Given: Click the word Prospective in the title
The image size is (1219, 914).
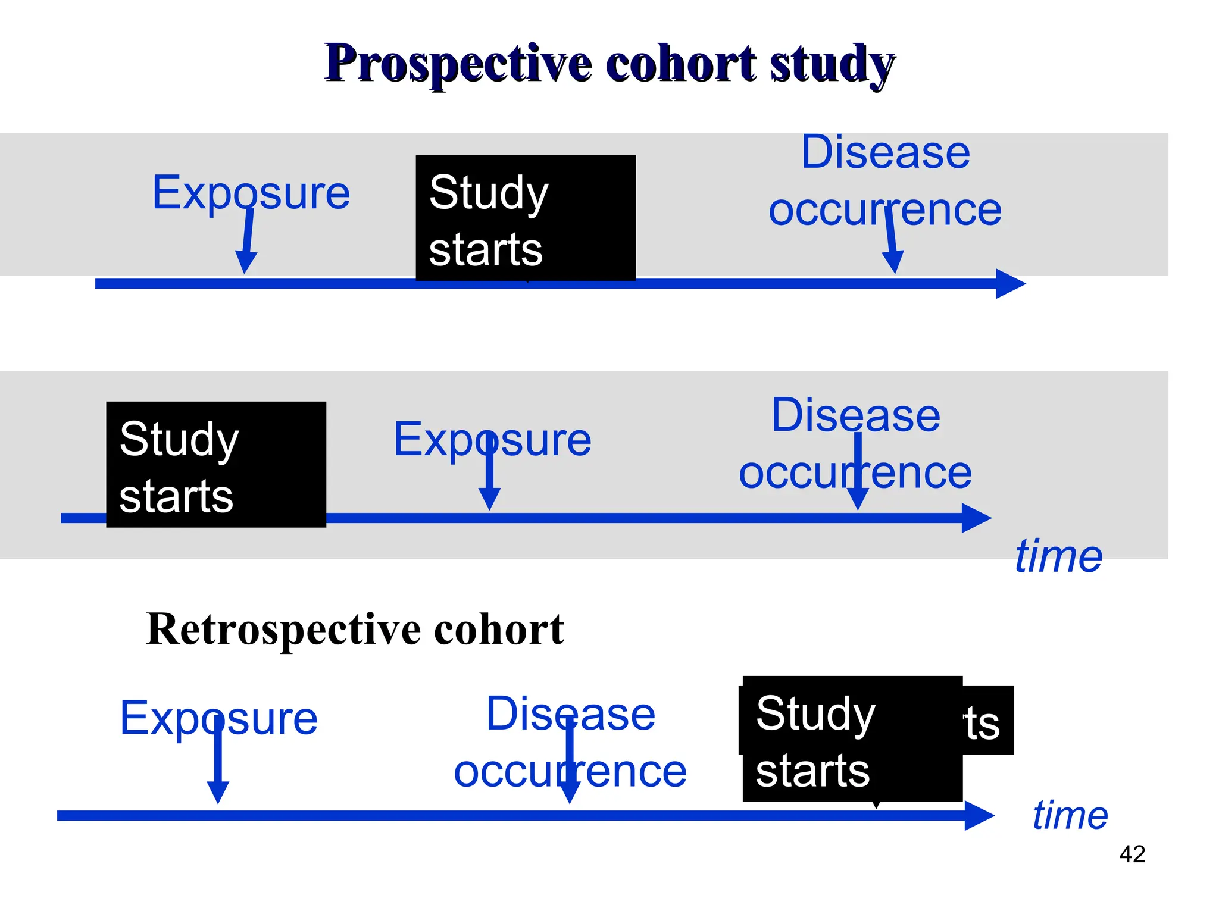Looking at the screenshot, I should (x=458, y=64).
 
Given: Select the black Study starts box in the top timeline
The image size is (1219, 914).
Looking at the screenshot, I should (x=526, y=218).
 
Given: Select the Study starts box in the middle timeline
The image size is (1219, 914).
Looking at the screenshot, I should (x=216, y=465).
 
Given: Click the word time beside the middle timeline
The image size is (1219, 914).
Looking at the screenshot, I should (x=1058, y=556).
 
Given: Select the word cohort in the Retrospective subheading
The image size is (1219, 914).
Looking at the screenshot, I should (x=499, y=629).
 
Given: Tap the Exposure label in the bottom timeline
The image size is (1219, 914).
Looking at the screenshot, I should (x=219, y=718).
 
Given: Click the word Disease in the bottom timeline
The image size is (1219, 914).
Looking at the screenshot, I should (x=570, y=713).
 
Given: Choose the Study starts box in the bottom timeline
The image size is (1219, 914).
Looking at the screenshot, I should (x=852, y=740).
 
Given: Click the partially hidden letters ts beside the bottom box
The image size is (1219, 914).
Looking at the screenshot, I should (x=983, y=723).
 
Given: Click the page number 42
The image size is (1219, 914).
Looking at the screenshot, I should (x=1132, y=854).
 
